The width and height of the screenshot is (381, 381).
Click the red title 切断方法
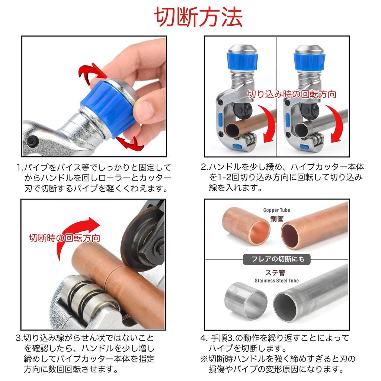click(198, 17)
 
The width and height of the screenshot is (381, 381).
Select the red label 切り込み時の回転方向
click(292, 94)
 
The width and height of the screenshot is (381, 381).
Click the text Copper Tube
click(276, 210)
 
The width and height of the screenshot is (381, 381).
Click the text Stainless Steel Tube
click(276, 280)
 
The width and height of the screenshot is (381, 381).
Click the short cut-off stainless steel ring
click(246, 301)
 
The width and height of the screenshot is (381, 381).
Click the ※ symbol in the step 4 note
click(204, 359)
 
